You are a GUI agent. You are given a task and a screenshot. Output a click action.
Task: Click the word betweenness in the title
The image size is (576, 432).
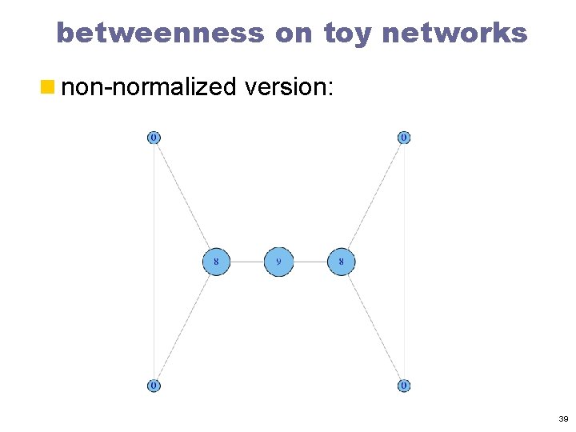(161, 34)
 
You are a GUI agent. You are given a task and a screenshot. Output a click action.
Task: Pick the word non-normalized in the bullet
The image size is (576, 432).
(149, 86)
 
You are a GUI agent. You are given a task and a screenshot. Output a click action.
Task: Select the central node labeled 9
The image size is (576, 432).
(278, 262)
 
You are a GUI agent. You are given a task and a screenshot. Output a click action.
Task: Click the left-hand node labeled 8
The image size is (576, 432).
(216, 262)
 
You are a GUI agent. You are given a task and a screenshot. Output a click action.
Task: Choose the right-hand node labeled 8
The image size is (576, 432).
(342, 262)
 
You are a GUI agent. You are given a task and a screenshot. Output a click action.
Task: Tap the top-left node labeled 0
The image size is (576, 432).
(154, 138)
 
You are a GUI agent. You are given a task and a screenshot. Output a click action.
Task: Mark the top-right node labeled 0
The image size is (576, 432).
(404, 138)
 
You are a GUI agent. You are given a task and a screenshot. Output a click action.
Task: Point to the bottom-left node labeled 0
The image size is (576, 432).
(154, 386)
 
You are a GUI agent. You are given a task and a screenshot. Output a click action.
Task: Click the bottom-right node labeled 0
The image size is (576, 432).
(404, 386)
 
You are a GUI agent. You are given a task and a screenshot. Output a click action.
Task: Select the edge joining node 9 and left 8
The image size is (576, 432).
(247, 262)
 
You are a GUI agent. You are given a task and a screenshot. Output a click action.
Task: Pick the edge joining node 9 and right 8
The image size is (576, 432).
(310, 262)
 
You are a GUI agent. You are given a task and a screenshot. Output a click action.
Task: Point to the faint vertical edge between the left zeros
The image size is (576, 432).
(154, 262)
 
